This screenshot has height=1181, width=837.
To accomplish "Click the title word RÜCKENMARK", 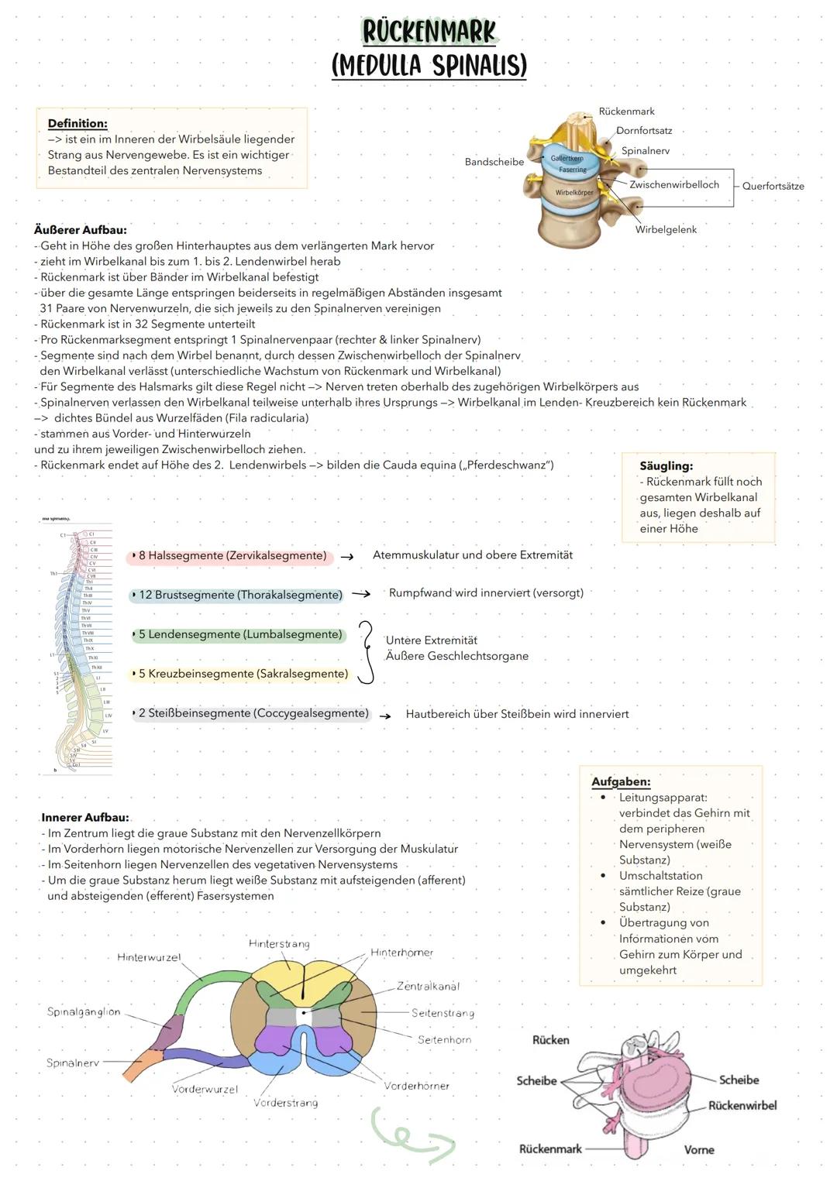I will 429,31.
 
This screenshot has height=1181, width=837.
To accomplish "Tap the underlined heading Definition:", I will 77,123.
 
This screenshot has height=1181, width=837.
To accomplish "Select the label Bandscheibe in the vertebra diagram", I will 494,162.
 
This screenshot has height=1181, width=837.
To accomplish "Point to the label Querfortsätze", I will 773,186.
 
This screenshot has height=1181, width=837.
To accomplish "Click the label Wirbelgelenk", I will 666,229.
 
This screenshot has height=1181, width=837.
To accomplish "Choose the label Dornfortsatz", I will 644,131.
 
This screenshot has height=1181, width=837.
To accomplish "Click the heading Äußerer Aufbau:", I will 80,229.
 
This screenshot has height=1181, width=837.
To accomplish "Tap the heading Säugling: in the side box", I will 666,465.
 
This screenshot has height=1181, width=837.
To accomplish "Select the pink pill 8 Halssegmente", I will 230,556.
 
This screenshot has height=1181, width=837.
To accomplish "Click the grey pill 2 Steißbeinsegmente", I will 251,713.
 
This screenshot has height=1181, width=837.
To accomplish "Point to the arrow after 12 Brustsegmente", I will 361,595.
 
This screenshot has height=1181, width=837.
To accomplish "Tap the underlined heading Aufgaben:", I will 621,781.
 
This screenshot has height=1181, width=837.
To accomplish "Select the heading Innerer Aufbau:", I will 85,817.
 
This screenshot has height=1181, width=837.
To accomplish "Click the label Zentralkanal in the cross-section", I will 428,986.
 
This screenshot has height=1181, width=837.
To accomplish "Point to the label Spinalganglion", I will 84,1011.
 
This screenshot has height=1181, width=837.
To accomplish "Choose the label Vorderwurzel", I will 205,1089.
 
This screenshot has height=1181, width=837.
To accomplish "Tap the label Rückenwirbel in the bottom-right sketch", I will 742,1105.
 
